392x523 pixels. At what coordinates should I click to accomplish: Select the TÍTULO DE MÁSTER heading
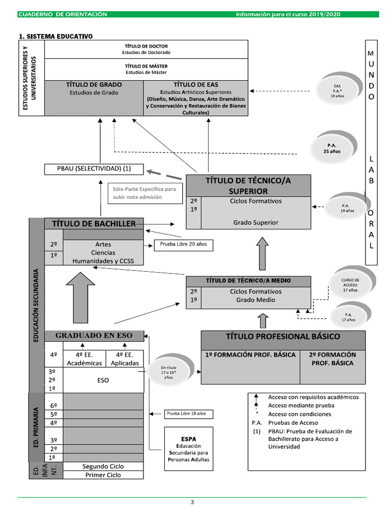pos(146,66)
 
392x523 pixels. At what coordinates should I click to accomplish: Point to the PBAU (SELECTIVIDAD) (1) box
pos(94,169)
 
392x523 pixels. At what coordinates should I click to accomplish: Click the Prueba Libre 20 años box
pos(183,245)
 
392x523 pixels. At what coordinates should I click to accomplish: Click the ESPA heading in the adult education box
pos(188,439)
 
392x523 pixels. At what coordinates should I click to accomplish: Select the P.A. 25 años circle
pos(332,148)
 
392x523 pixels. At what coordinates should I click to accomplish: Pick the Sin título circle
pos(168,372)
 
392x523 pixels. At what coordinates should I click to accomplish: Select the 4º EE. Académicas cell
pos(84,359)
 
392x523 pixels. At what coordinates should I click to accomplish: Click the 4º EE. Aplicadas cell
pos(125,359)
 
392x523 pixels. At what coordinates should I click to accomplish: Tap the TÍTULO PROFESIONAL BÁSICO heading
pos(283,337)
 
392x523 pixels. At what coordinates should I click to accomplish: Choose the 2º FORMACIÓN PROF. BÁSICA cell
pos(333,359)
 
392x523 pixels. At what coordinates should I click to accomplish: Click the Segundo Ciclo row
pos(103,466)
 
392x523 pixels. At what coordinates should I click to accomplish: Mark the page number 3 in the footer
pos(192,502)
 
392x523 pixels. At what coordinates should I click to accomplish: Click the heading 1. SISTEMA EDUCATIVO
pos(56,36)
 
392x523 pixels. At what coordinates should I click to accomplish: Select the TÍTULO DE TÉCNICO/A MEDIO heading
pos(248,280)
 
